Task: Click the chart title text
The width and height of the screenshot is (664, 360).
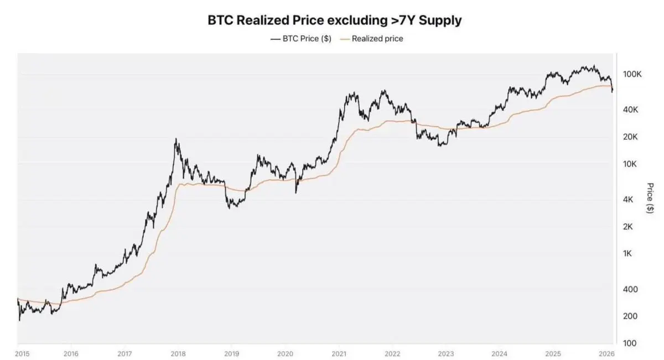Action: coord(334,20)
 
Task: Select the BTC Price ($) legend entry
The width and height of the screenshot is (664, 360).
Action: coord(301,39)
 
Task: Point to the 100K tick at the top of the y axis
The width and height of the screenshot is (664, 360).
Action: coord(631,74)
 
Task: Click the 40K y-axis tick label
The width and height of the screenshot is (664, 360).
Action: coord(631,110)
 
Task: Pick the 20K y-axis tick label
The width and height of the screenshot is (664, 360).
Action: coord(631,137)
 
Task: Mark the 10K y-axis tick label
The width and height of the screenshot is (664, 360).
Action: coord(631,164)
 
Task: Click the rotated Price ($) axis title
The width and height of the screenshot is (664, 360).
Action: coord(650,198)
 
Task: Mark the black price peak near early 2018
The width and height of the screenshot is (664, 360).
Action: coord(176,139)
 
